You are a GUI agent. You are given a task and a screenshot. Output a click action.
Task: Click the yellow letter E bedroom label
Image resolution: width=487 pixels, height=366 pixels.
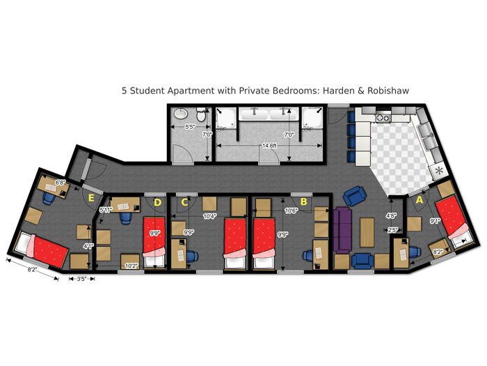pos(91,197)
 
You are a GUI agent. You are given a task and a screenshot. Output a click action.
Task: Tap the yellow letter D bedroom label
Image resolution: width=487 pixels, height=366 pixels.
pos(157,203)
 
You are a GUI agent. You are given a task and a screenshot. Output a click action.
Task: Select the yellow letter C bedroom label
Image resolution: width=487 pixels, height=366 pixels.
pos(184,203)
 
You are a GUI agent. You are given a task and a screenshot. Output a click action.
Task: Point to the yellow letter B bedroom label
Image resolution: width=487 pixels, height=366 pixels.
pos(303,202)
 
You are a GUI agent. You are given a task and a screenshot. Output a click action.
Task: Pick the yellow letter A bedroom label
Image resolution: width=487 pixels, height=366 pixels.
pos(419,199)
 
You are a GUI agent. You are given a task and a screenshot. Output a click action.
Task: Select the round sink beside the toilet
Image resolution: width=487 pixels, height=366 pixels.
pos(179,114)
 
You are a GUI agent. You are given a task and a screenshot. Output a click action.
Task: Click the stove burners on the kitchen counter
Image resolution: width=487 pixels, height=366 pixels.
pos(382,119)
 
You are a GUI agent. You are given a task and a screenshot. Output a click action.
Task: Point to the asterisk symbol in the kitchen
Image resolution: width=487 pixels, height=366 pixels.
pos(438,171)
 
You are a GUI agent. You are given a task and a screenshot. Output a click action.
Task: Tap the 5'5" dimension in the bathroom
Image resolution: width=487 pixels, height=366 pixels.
pos(189,127)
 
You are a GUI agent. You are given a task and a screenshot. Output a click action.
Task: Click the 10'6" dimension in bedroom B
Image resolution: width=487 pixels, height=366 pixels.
pos(291,209)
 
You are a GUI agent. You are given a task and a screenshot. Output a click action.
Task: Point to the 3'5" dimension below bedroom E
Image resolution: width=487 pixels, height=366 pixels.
pos(81,279)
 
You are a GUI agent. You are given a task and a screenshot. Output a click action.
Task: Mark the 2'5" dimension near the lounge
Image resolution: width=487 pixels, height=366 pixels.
pos(393,229)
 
